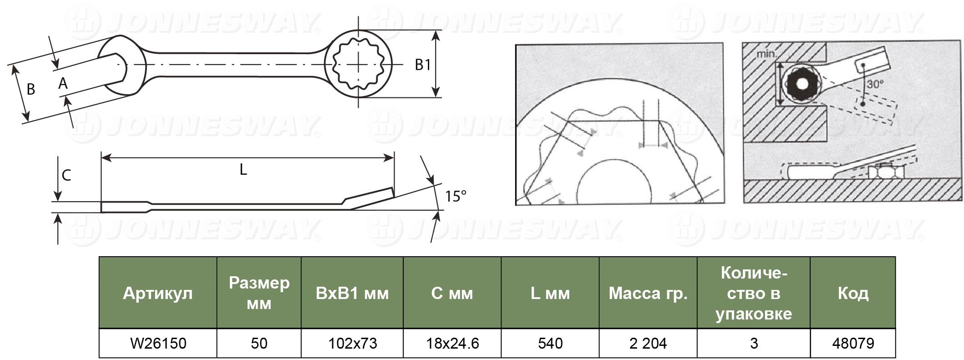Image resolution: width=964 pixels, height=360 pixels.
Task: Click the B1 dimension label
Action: (x=423, y=65)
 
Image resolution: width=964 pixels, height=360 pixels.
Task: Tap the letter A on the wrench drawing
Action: (x=63, y=83)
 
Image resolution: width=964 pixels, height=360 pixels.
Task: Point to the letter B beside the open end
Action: (x=31, y=89)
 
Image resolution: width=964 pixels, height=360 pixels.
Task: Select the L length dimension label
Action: (x=243, y=170)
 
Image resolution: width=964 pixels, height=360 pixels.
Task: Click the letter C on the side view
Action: (x=66, y=176)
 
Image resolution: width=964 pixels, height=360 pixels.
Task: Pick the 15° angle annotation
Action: (x=456, y=196)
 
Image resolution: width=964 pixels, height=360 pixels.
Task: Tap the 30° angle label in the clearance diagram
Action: (x=875, y=84)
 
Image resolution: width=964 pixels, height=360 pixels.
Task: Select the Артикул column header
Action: (x=157, y=293)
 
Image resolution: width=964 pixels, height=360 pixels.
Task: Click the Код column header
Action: (x=853, y=293)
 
